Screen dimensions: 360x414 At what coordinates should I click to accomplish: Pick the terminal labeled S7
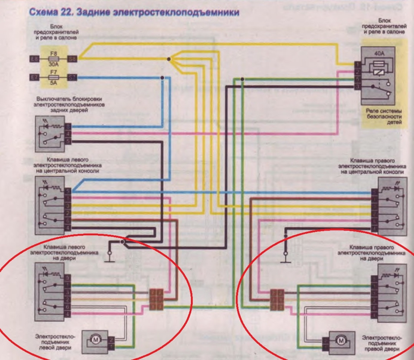72,78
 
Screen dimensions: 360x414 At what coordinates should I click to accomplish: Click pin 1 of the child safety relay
358,65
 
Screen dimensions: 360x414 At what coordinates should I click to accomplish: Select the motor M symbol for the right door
341,341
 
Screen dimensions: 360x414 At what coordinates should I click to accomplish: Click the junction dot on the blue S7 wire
162,78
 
